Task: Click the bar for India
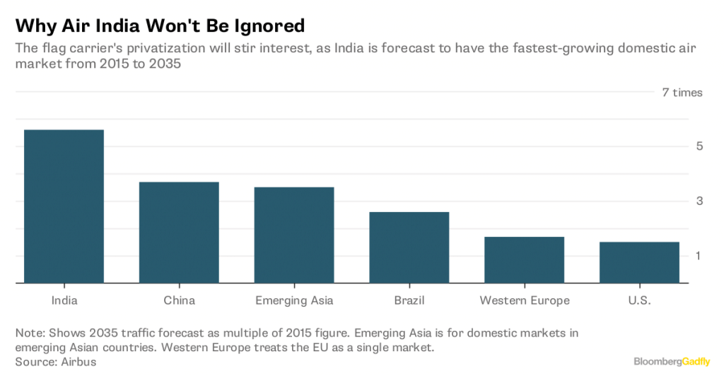tap(64, 206)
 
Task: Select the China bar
tap(179, 233)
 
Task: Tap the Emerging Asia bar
tap(294, 235)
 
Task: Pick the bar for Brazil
tap(409, 247)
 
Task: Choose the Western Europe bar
tap(524, 260)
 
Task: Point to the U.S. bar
tap(639, 262)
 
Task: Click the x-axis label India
tap(64, 300)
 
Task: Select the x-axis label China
tap(179, 300)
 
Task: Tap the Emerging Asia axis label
tap(294, 300)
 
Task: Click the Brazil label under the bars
tap(409, 300)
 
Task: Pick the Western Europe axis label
tap(524, 300)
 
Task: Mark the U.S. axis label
tap(639, 300)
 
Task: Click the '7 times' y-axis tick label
tap(682, 93)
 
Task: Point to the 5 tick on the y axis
tap(699, 146)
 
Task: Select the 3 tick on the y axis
tap(699, 201)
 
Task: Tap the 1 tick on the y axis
tap(699, 255)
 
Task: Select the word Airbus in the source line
tap(76, 362)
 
